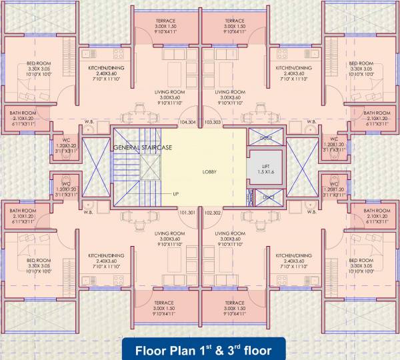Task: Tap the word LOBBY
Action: point(210,172)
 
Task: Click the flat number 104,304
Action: point(188,123)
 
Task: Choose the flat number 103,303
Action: point(213,123)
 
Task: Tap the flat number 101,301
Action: point(188,213)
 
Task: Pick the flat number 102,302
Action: point(213,213)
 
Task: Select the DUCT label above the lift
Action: point(265,137)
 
